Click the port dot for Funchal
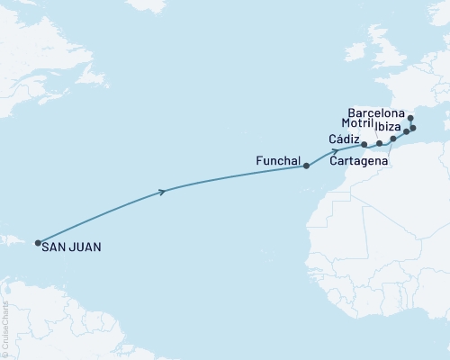pyautogui.click(x=307, y=166)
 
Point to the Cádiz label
pyautogui.click(x=346, y=139)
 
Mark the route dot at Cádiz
pyautogui.click(x=364, y=144)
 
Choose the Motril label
pyautogui.click(x=358, y=122)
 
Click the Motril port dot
pyautogui.click(x=380, y=143)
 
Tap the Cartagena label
pyautogui.click(x=359, y=162)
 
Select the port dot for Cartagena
pyautogui.click(x=393, y=139)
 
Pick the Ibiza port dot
pyautogui.click(x=406, y=131)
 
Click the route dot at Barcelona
pyautogui.click(x=409, y=118)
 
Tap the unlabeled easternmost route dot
pyautogui.click(x=413, y=128)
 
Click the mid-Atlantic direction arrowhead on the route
pyautogui.click(x=162, y=191)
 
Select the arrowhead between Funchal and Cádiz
pyautogui.click(x=334, y=150)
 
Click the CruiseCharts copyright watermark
pyautogui.click(x=5, y=329)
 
